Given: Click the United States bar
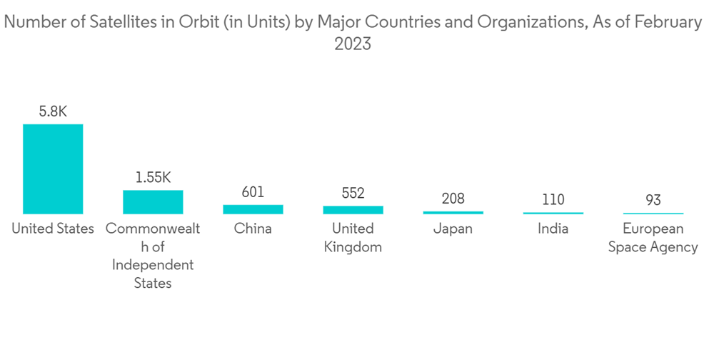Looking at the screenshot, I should [x=53, y=169].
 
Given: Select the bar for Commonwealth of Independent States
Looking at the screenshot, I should [x=153, y=202].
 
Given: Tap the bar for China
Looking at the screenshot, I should [x=253, y=209].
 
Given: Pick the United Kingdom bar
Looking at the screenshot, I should [x=353, y=210].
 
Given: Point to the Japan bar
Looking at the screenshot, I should [x=453, y=212].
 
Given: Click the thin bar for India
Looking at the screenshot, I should [x=553, y=213].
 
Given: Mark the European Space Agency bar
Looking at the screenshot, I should [x=653, y=214].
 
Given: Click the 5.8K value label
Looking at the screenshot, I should [x=53, y=111].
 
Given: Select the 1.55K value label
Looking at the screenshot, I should [x=153, y=177].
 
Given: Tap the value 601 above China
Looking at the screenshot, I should [x=253, y=192].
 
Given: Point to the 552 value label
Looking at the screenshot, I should [x=353, y=193].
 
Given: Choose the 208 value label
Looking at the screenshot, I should [x=453, y=199].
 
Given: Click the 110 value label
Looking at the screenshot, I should [x=553, y=200].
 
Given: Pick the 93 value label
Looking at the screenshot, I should [x=653, y=201].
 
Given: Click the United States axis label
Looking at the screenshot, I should [x=53, y=229].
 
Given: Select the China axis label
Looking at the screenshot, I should [x=253, y=229].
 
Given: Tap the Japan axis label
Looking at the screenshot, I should [x=453, y=229].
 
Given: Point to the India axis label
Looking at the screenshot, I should [x=553, y=229].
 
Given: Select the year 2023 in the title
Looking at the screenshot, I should [x=353, y=44].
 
